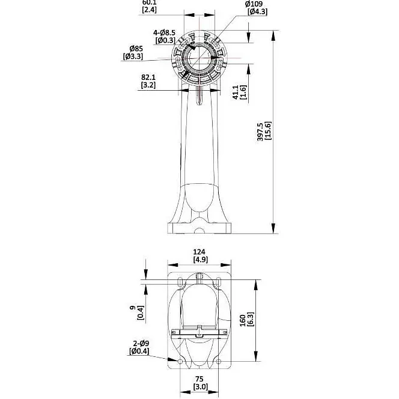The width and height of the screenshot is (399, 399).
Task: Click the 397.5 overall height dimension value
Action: (x=260, y=132)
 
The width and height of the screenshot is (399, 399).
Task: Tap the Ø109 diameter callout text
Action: (x=254, y=4)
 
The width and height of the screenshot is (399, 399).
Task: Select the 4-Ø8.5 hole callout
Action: (x=164, y=32)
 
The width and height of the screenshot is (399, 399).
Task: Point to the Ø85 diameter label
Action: (x=136, y=48)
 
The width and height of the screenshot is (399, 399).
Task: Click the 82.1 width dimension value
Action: (x=148, y=77)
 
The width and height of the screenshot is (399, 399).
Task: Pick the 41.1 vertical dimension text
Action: (x=236, y=92)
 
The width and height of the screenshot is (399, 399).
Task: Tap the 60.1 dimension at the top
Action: (x=150, y=2)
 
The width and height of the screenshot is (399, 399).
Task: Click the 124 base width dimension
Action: (x=199, y=252)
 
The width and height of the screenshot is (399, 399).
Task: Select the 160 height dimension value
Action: (x=243, y=320)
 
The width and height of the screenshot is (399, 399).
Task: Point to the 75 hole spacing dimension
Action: (x=199, y=379)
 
